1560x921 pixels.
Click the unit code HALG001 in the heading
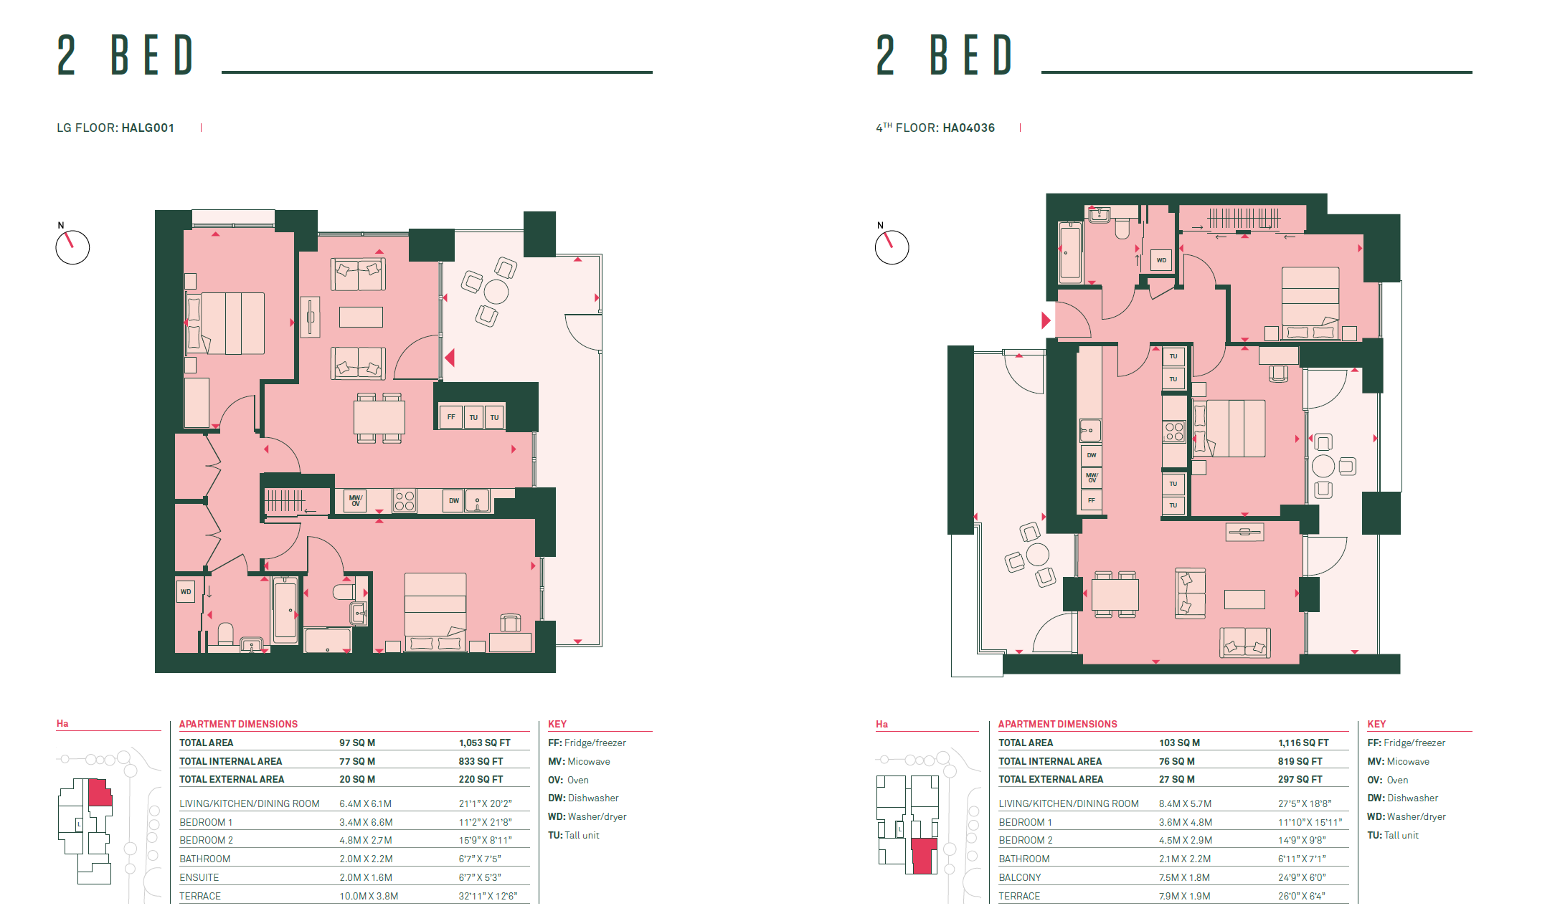click(x=148, y=128)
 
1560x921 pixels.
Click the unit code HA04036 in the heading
click(x=968, y=128)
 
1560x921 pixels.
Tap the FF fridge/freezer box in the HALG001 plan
click(x=451, y=416)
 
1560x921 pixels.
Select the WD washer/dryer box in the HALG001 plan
click(x=186, y=591)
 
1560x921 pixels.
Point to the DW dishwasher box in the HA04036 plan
click(x=1091, y=455)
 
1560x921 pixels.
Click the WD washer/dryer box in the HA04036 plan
click(x=1161, y=260)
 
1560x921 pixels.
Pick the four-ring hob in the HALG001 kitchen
click(x=405, y=500)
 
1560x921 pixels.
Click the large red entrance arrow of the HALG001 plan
click(x=450, y=357)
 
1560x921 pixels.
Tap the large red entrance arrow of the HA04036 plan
click(x=1046, y=320)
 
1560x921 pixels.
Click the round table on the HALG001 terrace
click(x=496, y=292)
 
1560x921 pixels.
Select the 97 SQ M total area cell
click(x=357, y=743)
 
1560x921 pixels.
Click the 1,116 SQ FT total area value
click(x=1303, y=743)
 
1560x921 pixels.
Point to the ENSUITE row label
click(x=199, y=877)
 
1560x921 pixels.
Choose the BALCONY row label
click(x=1020, y=877)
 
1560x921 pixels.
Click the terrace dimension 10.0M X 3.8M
click(x=369, y=896)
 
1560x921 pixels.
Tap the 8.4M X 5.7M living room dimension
click(x=1185, y=803)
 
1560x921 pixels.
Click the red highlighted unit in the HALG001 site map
click(x=99, y=793)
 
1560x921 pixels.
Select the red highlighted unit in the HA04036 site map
click(x=924, y=856)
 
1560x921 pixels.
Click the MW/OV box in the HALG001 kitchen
click(x=356, y=500)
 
